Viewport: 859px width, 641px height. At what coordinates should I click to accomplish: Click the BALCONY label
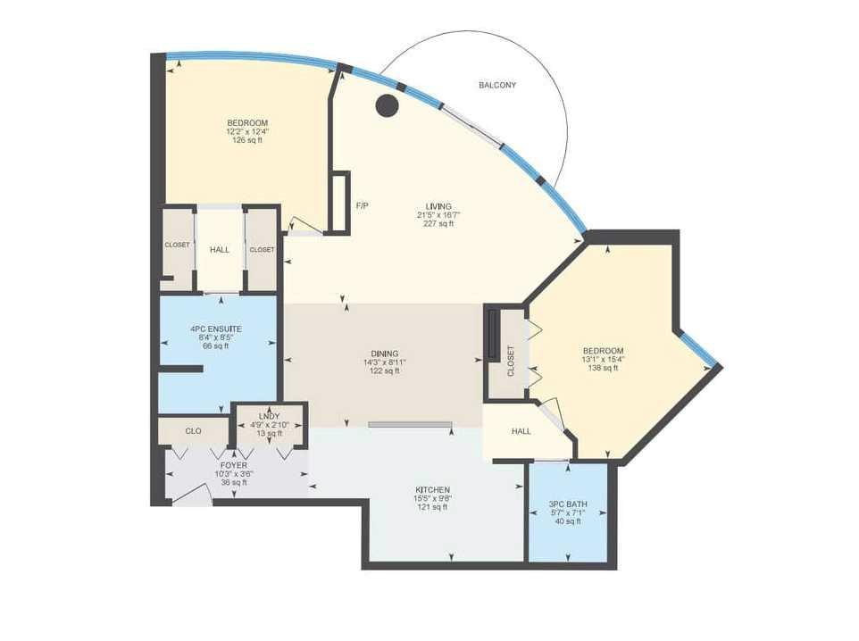point(497,86)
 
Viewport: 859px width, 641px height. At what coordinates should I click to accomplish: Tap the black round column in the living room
point(386,106)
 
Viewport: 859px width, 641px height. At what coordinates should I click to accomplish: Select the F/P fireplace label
point(363,206)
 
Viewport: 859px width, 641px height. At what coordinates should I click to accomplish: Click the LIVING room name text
point(438,206)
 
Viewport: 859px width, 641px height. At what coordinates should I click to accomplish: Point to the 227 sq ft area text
point(438,224)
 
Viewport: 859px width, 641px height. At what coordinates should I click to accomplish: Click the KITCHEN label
point(431,490)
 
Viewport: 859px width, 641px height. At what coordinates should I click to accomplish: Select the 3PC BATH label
point(568,505)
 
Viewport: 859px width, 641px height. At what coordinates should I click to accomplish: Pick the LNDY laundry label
point(270,416)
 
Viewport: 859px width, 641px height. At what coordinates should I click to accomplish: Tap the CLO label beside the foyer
point(193,431)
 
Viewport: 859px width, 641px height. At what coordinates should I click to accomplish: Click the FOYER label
point(234,465)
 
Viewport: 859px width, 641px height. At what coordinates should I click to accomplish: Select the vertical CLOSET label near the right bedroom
point(511,360)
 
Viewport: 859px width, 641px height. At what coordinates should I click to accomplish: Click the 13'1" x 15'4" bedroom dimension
point(604,360)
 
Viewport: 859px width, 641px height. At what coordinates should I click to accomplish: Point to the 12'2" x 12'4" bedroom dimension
point(247,131)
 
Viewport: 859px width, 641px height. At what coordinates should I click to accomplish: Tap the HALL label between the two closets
point(220,250)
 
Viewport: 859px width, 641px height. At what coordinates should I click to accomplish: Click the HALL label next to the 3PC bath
point(521,431)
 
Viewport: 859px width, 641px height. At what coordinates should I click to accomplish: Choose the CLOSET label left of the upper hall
point(177,245)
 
